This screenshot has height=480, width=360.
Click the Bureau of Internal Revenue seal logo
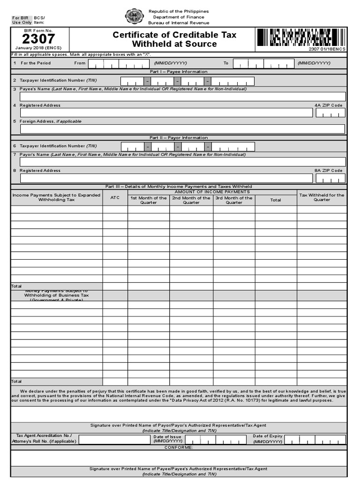[134, 17]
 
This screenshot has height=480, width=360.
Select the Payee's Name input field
[182, 97]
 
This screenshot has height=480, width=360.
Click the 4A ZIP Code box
[330, 112]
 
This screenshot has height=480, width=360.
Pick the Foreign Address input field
[182, 129]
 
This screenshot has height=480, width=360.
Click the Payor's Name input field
[182, 162]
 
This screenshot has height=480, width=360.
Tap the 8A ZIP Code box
[330, 178]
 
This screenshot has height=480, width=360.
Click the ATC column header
[115, 198]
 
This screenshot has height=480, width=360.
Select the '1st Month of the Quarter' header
[148, 200]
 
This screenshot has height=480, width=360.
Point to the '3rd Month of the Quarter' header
[234, 200]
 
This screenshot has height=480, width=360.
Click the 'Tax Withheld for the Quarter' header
[322, 197]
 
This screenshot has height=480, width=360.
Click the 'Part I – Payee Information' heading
[179, 72]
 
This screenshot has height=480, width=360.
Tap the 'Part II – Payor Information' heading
[179, 138]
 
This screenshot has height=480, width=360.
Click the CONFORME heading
[179, 448]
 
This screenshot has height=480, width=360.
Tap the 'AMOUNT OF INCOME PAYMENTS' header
[212, 192]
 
